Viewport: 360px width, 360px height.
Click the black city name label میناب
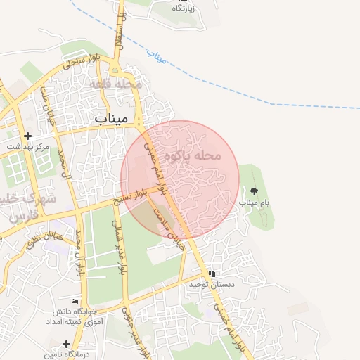(111, 119)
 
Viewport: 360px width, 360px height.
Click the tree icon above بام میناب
(254, 191)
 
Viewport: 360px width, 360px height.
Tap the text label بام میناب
(254, 202)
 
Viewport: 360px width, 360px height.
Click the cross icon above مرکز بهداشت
(27, 136)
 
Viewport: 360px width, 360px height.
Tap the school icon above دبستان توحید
(212, 274)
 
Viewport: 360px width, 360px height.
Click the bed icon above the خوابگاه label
(75, 301)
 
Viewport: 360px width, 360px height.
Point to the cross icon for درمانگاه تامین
(66, 344)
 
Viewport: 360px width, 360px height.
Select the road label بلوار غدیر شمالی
(119, 251)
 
